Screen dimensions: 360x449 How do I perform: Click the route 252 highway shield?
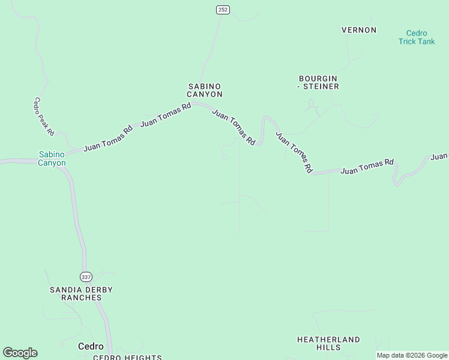(x=223, y=10)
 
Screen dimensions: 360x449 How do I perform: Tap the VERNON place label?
(x=359, y=30)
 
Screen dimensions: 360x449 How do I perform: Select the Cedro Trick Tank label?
(x=417, y=37)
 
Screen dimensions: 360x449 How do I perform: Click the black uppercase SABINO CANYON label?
(x=205, y=91)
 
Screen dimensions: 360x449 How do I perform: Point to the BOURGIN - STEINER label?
(x=318, y=83)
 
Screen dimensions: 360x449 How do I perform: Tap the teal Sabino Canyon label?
(x=52, y=158)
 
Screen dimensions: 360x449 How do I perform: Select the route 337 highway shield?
(x=85, y=276)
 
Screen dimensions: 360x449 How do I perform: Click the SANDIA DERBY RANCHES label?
(x=81, y=293)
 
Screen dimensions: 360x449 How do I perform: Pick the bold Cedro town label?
(x=91, y=346)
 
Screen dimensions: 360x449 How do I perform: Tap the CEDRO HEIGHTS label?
(x=127, y=358)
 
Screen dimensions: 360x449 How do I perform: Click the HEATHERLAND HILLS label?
(x=329, y=343)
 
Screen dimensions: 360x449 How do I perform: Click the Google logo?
(x=20, y=353)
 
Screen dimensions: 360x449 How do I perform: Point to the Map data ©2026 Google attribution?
(x=412, y=355)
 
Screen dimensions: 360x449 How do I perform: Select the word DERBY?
(x=98, y=290)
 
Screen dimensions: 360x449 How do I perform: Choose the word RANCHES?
(x=81, y=298)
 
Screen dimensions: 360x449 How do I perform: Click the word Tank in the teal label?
(x=426, y=41)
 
